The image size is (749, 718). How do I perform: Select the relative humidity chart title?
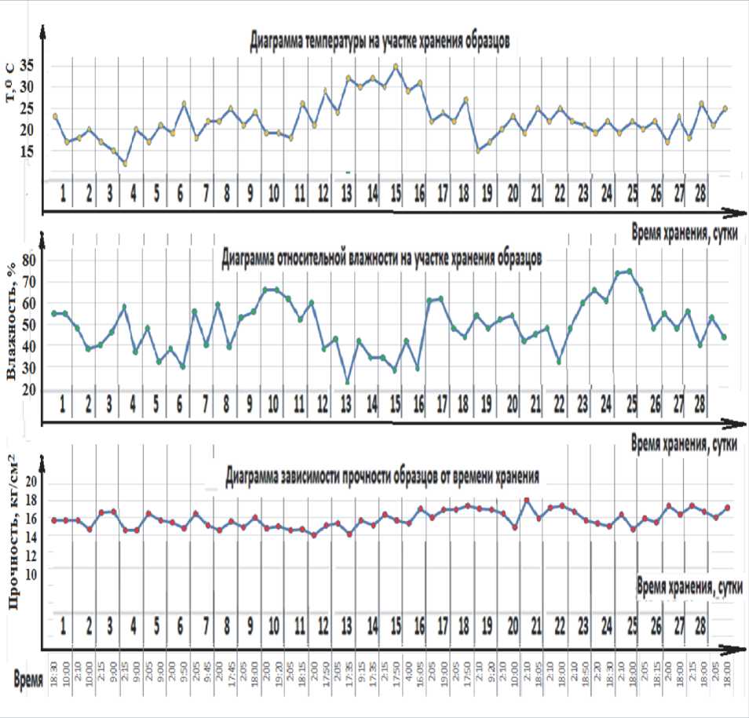point(381,257)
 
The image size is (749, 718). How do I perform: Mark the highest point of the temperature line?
point(396,67)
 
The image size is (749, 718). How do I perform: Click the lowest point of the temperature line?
point(124,163)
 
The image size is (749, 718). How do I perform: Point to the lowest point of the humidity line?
point(347,381)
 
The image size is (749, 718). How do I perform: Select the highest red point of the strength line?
point(527,500)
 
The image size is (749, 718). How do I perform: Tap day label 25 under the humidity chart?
point(633,403)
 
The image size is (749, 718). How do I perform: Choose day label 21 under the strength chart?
point(537,625)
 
